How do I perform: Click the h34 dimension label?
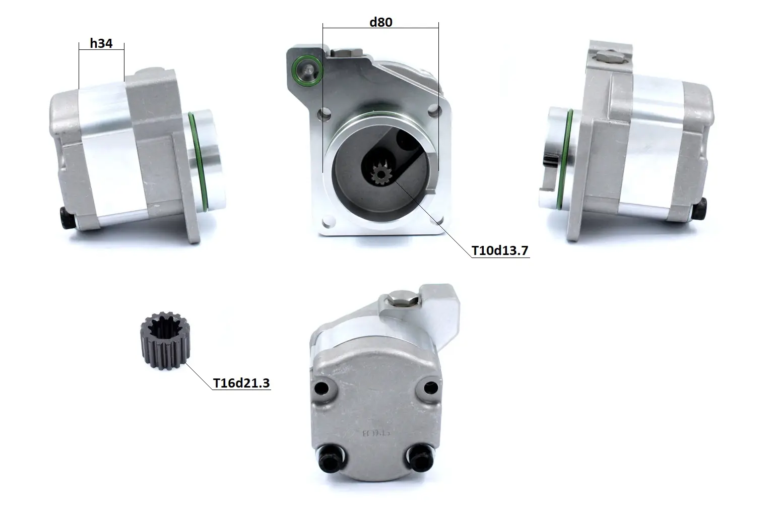[x=101, y=43]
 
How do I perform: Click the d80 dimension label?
[x=381, y=22]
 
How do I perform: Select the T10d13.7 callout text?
[x=500, y=250]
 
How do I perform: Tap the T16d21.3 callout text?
[x=241, y=383]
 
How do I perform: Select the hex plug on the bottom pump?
[x=403, y=299]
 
